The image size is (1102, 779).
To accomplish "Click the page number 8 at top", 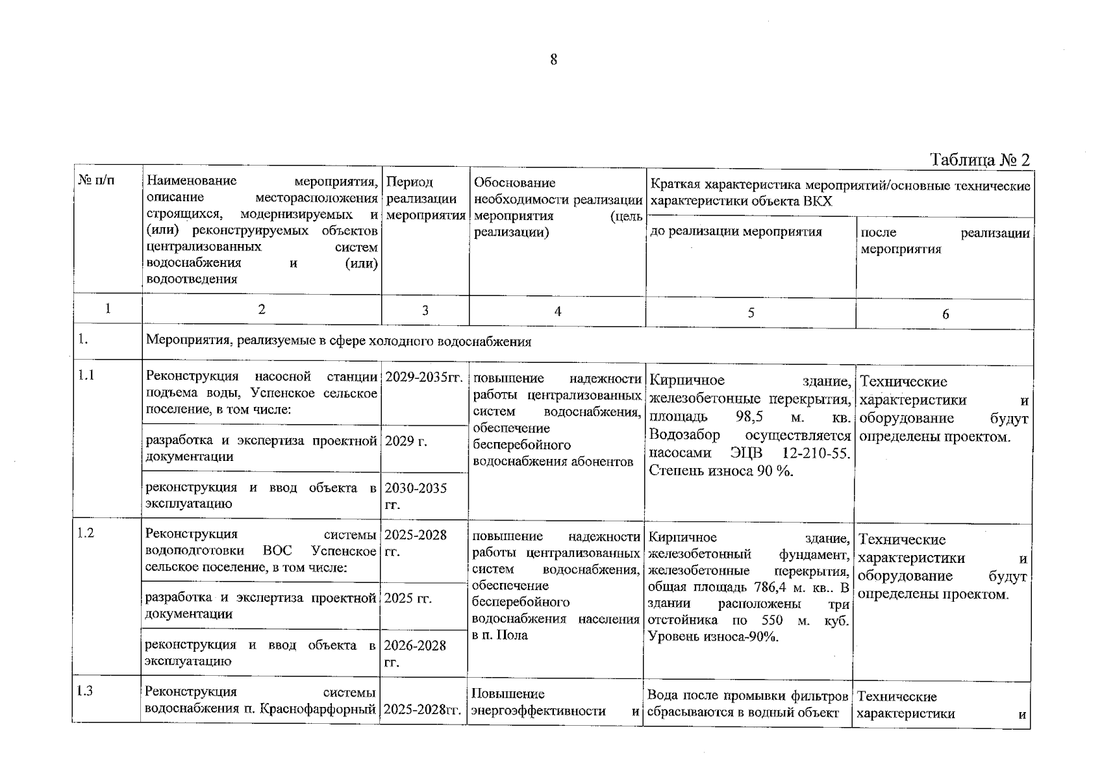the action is [x=553, y=60].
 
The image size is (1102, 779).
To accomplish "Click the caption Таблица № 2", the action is [x=980, y=160].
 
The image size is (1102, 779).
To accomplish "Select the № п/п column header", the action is [x=96, y=180].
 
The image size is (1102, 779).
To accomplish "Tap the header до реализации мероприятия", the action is [x=736, y=232].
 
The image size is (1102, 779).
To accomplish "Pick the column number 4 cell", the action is [x=557, y=311].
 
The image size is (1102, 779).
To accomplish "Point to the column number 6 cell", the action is [x=945, y=314].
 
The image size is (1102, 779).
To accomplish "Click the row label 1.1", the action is [x=86, y=375].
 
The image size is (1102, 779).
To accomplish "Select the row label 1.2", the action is [x=86, y=533].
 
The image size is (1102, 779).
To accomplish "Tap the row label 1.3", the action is [x=84, y=691].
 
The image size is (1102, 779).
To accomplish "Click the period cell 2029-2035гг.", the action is [x=423, y=378].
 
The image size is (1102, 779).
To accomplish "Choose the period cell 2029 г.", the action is [x=406, y=441].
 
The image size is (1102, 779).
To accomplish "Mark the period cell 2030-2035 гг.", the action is [x=416, y=496].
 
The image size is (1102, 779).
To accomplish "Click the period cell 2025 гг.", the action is [x=408, y=598].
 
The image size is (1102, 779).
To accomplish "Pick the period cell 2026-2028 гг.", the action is [x=415, y=653].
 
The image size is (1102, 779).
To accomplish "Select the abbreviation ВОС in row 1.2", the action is [x=277, y=550].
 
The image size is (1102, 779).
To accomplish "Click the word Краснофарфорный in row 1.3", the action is [x=319, y=708].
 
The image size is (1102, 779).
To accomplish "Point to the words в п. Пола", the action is [x=500, y=635].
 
